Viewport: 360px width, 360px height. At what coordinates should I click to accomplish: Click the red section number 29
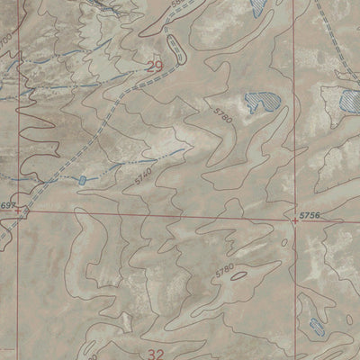point(155,66)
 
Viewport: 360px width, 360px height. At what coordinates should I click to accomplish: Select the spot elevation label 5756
point(310,215)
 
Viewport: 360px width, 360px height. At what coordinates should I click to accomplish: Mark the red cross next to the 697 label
point(24,215)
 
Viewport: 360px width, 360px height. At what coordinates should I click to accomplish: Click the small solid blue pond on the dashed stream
point(82,180)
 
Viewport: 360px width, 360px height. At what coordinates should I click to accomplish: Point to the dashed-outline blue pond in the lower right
point(315,326)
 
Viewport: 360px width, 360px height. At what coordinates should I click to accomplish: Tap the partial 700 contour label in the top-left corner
point(5,40)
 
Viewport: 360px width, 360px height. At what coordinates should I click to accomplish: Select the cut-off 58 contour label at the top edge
point(175,4)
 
